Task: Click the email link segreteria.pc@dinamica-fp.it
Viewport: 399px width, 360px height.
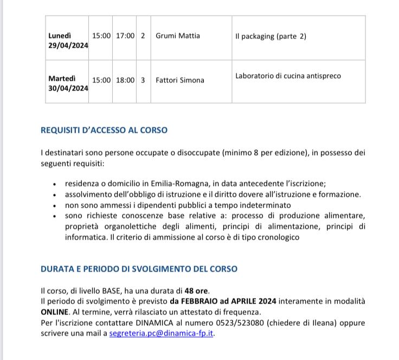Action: tap(162, 333)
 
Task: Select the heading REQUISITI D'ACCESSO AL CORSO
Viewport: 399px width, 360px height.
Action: tap(104, 130)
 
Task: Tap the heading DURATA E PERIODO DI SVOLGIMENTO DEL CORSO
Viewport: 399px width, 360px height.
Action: tap(139, 269)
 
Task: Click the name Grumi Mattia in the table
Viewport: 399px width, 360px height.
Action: tap(178, 36)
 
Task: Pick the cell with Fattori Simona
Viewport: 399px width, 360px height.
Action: tap(180, 80)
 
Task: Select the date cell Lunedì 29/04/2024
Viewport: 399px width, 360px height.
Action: tap(68, 41)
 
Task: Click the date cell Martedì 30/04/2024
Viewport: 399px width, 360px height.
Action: tap(68, 83)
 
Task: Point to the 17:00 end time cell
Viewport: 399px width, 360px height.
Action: tap(125, 36)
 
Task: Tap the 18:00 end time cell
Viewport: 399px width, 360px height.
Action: tap(125, 80)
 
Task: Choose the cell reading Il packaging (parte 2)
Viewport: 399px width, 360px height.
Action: tap(271, 36)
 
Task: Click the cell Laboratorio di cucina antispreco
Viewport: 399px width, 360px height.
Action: tap(288, 76)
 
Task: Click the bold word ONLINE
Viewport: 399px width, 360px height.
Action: tap(55, 312)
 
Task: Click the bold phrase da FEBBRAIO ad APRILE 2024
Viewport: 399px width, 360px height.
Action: tap(223, 301)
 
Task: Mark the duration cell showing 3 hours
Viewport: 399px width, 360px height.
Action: tap(143, 80)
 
